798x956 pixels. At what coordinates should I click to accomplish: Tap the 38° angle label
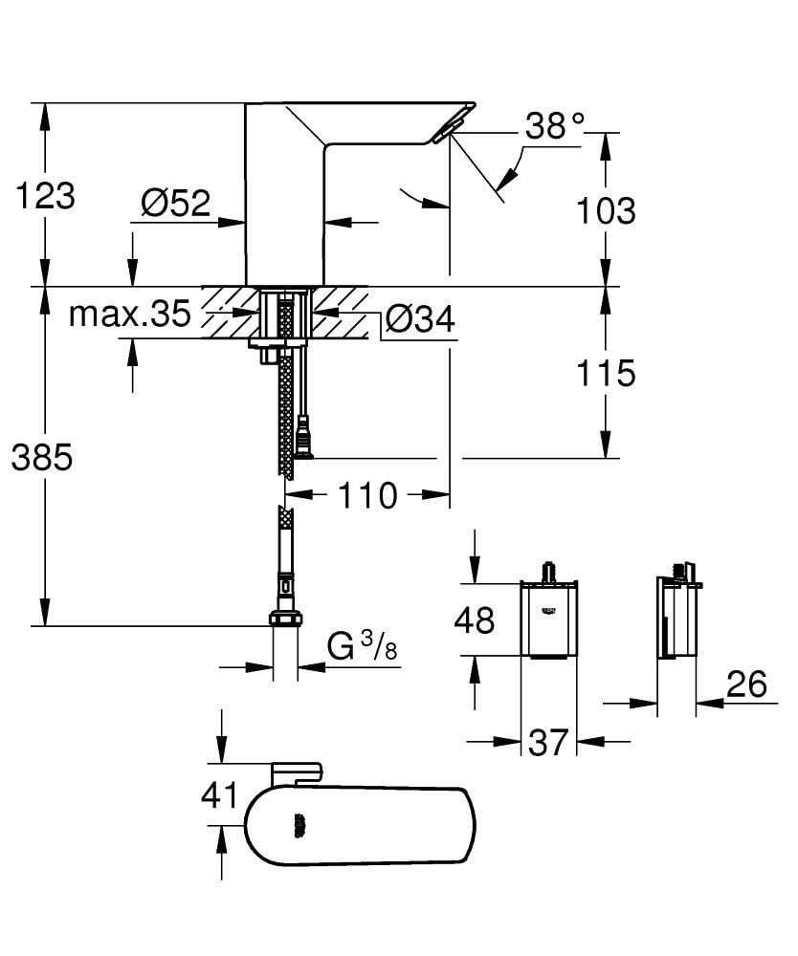click(554, 126)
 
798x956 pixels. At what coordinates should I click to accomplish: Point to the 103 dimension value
click(605, 211)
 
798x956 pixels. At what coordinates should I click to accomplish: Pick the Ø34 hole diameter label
click(420, 320)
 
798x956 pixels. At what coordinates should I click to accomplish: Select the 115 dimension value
click(605, 373)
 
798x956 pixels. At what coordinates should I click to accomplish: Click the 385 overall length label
click(42, 458)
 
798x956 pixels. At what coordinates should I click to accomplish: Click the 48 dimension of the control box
click(474, 619)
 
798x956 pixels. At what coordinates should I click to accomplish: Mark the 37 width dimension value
click(548, 742)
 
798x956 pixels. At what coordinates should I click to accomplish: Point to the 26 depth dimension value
click(746, 684)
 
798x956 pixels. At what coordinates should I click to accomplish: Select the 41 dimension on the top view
click(221, 793)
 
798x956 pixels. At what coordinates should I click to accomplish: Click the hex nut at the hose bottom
click(284, 619)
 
